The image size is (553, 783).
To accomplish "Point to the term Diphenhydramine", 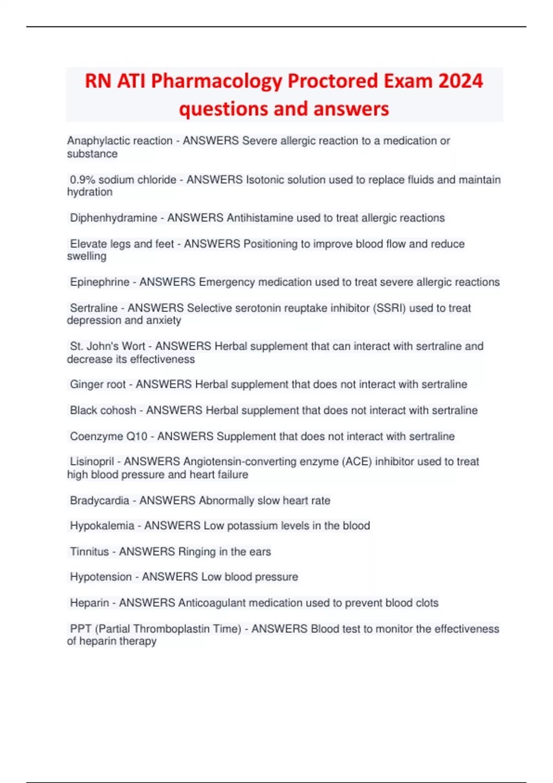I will tap(113, 218).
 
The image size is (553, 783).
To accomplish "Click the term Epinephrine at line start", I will tap(100, 282).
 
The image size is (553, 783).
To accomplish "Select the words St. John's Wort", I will tap(107, 346).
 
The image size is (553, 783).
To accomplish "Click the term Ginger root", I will tap(98, 384).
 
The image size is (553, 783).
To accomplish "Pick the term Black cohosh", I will tap(103, 410).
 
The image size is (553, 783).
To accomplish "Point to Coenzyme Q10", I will tap(108, 436).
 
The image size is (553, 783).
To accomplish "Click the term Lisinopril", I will tap(92, 462).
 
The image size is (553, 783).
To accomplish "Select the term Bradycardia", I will tap(100, 500).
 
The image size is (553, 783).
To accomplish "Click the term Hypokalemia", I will tap(102, 526).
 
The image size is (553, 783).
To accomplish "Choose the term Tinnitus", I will tap(89, 551).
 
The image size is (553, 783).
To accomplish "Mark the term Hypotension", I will tap(101, 577).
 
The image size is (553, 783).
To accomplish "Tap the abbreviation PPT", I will tap(80, 629).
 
